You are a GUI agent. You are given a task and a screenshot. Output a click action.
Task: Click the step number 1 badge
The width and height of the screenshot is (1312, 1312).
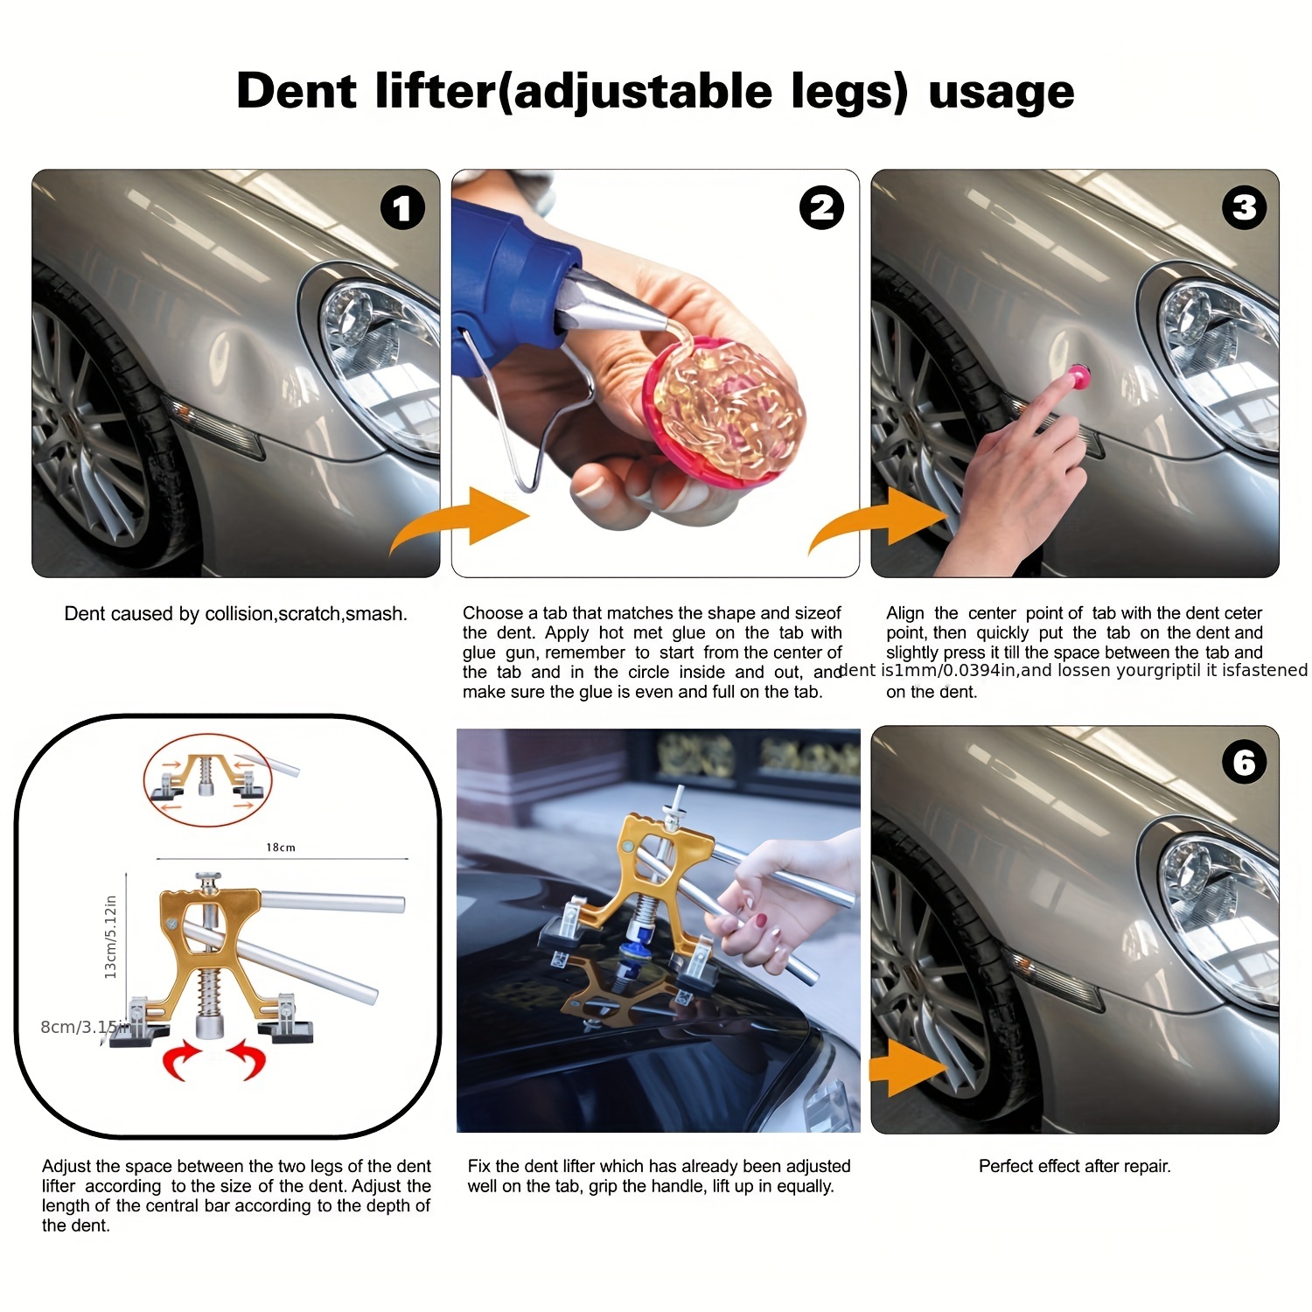402,208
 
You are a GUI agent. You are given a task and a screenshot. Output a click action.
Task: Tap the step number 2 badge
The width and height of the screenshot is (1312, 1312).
821,208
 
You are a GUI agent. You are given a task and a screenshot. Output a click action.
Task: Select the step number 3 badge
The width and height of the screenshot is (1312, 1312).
1244,208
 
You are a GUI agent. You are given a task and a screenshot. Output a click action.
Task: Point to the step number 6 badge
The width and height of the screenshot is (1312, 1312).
1244,762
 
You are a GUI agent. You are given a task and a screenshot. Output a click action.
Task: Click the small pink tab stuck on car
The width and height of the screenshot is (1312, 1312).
1079,377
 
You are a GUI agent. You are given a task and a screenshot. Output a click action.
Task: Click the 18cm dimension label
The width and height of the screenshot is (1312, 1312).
281,847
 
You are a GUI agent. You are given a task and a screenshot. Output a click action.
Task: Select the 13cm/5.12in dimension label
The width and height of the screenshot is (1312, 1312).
111,937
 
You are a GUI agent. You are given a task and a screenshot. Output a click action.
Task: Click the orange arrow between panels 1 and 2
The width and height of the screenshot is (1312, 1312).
464,521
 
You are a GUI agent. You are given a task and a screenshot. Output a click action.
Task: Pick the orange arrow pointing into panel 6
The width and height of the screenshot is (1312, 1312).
910,1067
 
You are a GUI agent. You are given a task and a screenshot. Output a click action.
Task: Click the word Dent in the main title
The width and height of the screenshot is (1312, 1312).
297,91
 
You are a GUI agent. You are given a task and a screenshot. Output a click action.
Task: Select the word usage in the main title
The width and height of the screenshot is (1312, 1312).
1001,91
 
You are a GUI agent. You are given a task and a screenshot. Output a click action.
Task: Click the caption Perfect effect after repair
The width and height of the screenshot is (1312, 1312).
1074,1166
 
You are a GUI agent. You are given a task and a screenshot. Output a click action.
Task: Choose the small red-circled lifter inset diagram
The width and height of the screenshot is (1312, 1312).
208,780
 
